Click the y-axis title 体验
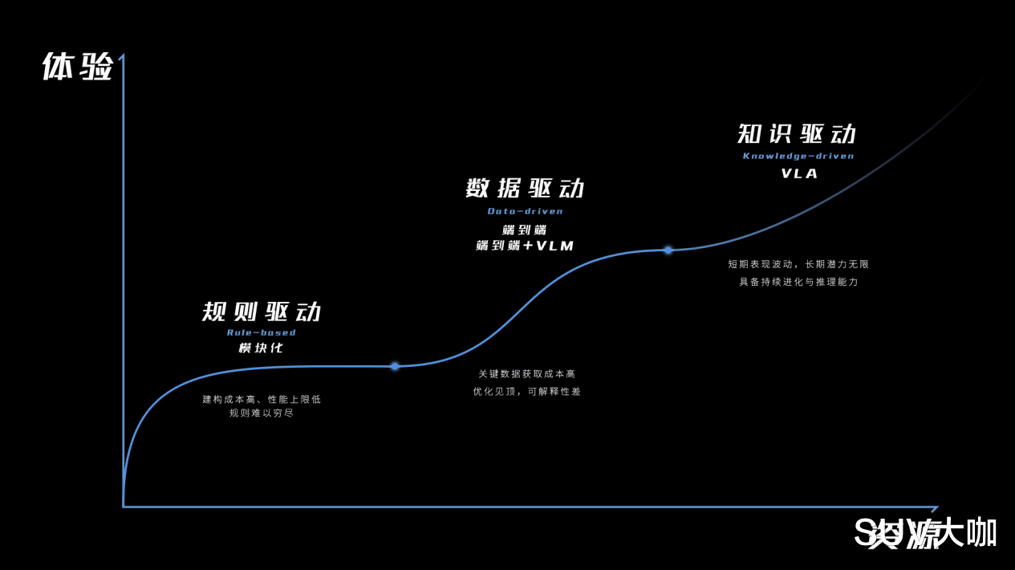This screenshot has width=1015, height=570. coord(77,67)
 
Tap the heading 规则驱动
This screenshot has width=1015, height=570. coord(262,312)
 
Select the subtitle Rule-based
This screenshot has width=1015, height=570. coord(262,332)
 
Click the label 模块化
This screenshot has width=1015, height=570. coord(261,348)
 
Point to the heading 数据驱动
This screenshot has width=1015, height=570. coord(526,189)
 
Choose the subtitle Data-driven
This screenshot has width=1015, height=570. coord(526,211)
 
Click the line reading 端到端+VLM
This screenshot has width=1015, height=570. coord(526,246)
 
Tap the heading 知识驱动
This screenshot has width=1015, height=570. coord(798,134)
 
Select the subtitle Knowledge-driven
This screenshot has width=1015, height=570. coord(798,156)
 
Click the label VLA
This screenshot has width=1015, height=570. coord(799,173)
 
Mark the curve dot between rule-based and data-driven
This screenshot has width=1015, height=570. coord(395,366)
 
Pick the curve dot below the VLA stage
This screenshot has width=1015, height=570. coord(668,250)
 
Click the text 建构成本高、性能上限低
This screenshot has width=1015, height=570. coord(262,399)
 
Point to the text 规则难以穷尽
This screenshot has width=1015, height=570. coord(262,413)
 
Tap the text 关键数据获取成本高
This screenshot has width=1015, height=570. coord(526,374)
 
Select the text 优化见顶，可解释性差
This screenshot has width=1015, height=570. coord(526,392)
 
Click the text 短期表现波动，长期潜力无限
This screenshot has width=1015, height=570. coord(798,264)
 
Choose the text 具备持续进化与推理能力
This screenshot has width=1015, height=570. coord(798,282)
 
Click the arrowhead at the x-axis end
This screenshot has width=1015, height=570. coord(934,507)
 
